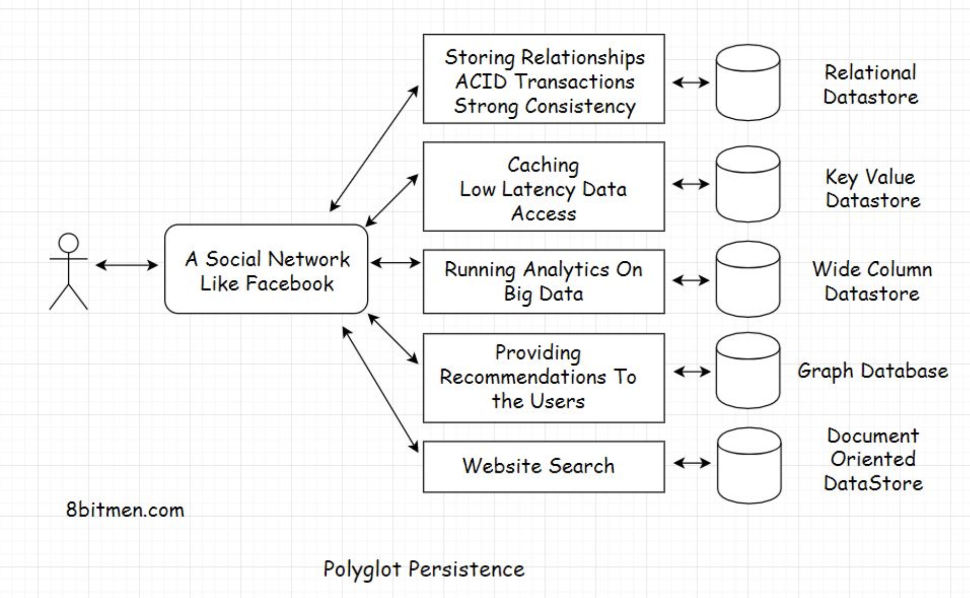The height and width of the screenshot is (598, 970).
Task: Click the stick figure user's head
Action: (x=69, y=243)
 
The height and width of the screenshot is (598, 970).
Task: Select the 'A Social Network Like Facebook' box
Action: (x=266, y=269)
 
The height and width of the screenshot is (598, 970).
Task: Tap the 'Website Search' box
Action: (x=543, y=466)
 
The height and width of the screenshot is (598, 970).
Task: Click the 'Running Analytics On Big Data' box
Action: (x=543, y=281)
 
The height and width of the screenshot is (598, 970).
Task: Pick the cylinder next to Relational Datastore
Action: (x=747, y=83)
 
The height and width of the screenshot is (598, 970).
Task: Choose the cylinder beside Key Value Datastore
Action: (x=747, y=184)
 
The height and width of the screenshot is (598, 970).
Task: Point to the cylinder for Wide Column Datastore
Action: (x=747, y=279)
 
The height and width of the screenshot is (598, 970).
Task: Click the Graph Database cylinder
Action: (x=747, y=371)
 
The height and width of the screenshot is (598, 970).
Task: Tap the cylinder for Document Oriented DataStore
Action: (x=749, y=465)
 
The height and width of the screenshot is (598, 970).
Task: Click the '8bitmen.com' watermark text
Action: (x=125, y=510)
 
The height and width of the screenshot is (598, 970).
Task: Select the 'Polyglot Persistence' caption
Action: (x=424, y=569)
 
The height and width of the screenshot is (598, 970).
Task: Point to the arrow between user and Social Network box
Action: (x=127, y=265)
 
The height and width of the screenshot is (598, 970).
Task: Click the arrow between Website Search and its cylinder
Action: (x=692, y=463)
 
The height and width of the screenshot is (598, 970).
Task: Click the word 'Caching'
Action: (x=543, y=165)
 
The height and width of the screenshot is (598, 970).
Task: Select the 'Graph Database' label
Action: (x=872, y=371)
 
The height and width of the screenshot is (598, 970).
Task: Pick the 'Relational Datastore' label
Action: (x=871, y=85)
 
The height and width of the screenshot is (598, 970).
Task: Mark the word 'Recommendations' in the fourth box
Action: (x=523, y=377)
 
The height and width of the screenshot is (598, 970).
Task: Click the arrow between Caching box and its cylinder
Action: (x=691, y=184)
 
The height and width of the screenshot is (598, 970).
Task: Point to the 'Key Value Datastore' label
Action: (x=872, y=188)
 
